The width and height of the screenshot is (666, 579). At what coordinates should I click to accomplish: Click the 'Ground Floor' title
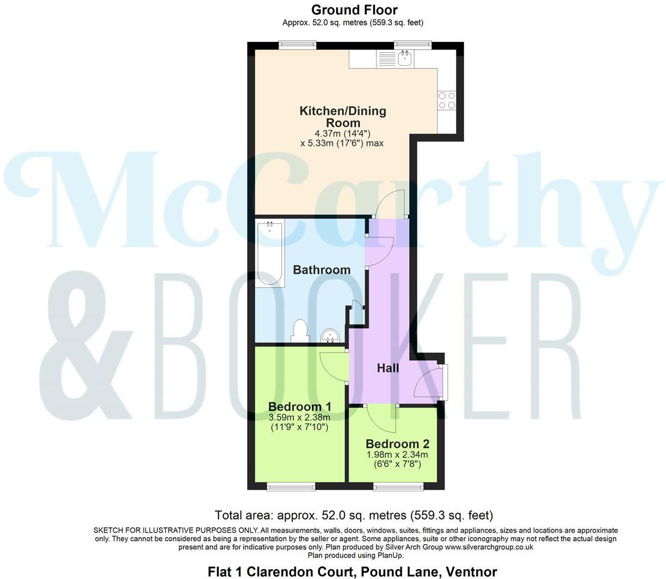coord(354,10)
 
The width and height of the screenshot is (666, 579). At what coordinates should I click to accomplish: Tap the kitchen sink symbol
coord(404,58)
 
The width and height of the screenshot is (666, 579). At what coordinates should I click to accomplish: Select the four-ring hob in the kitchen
coord(447,101)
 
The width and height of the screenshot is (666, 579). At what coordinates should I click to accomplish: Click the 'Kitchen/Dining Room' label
coord(343,116)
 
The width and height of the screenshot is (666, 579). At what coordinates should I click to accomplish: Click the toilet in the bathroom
coord(300,331)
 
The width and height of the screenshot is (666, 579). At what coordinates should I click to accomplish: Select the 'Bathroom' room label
coord(322,270)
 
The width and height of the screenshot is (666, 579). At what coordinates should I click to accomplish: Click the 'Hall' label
coord(388,368)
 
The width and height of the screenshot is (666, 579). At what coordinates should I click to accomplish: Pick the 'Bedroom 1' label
coord(300,406)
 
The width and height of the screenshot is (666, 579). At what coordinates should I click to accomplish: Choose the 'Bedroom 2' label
coord(397,444)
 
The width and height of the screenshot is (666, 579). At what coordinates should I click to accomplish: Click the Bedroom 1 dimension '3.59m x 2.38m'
coord(300,417)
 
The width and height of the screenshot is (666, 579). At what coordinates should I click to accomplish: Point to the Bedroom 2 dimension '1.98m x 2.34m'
coord(397,454)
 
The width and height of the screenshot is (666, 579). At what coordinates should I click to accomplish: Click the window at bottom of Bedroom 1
coord(291,486)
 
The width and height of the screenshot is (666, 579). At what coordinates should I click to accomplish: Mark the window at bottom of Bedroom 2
coord(398,486)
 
